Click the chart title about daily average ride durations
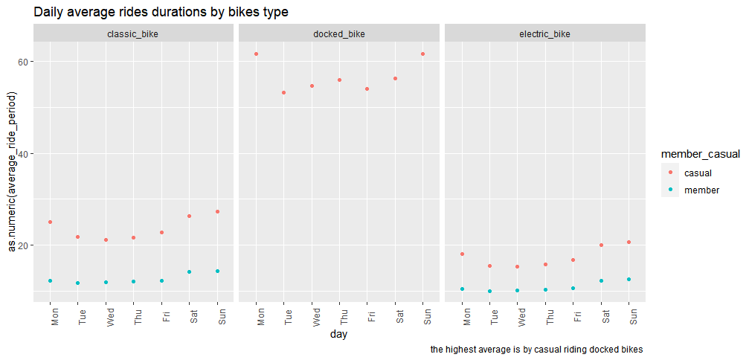[161, 12]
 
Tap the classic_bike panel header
[133, 34]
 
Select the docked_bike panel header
[339, 34]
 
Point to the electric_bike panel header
[544, 34]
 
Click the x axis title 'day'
[338, 335]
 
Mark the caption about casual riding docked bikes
[536, 349]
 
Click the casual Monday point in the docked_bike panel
[256, 54]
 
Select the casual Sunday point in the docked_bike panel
[422, 54]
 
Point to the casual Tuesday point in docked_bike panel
[283, 92]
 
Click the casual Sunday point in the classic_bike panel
[217, 211]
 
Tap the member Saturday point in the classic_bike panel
[190, 271]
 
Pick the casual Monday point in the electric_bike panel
[462, 254]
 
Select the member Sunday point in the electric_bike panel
[629, 279]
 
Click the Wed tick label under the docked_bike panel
[312, 316]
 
